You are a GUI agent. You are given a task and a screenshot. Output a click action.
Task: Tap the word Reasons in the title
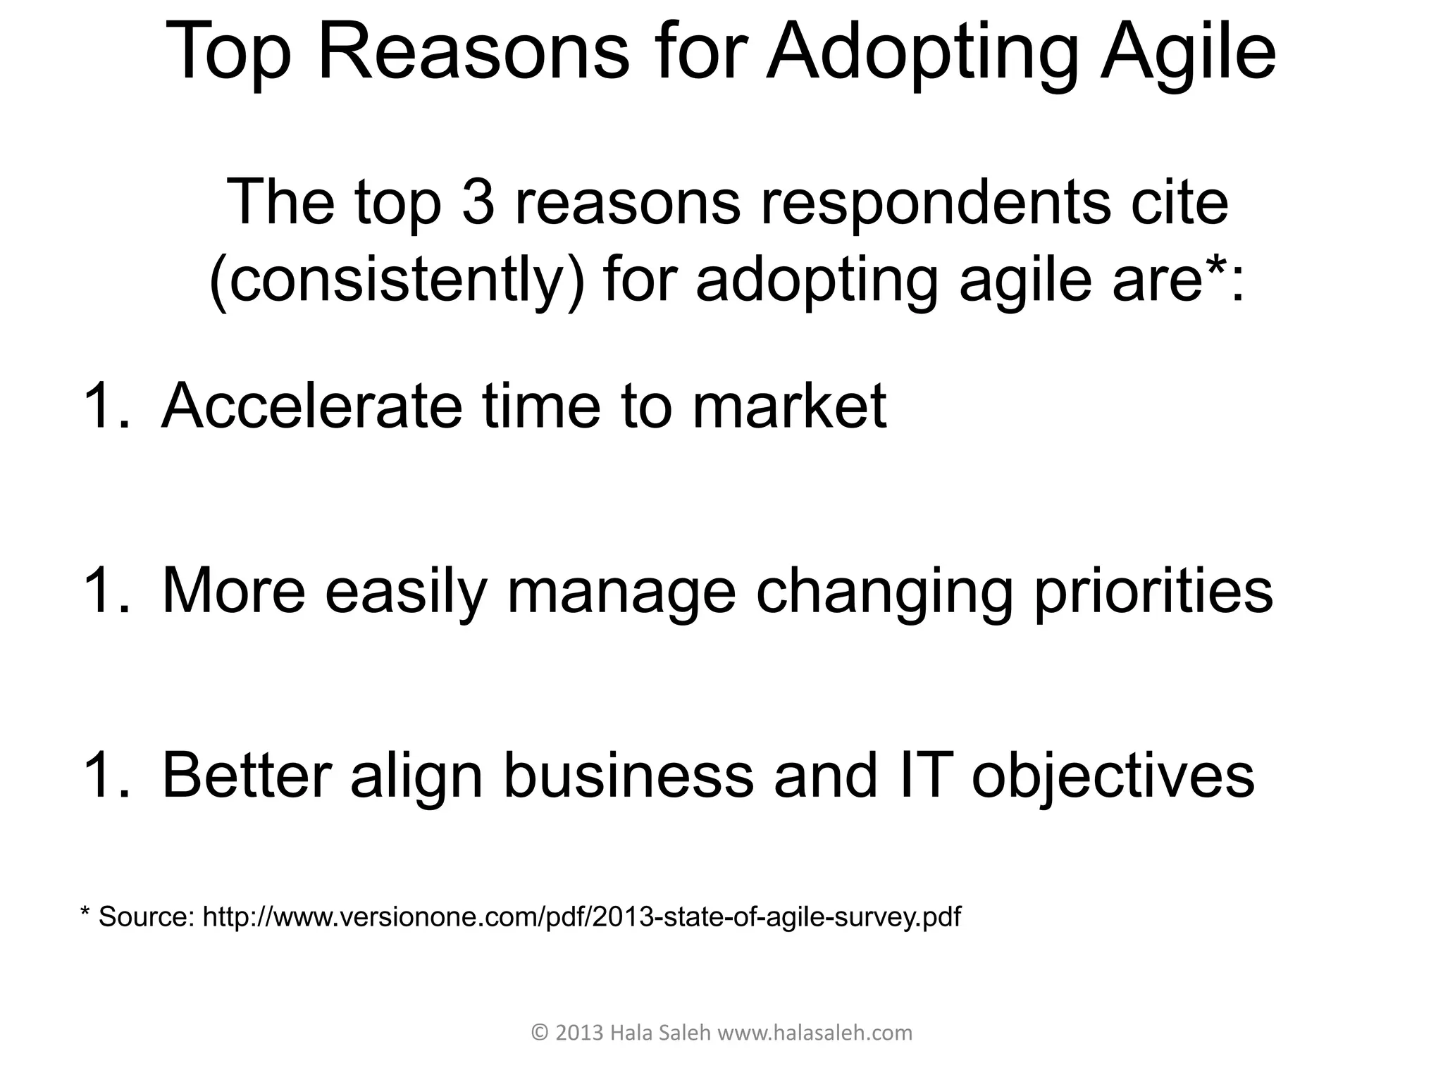tap(473, 53)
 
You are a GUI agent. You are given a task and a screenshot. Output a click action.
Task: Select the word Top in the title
tap(229, 53)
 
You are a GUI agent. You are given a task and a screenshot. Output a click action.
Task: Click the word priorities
tap(1153, 592)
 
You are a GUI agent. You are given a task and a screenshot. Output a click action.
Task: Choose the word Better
tap(247, 776)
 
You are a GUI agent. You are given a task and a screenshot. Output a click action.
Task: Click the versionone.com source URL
tap(581, 917)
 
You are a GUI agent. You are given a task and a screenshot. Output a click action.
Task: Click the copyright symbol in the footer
tap(539, 1033)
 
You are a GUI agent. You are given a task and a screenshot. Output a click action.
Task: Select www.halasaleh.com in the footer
tap(815, 1033)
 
